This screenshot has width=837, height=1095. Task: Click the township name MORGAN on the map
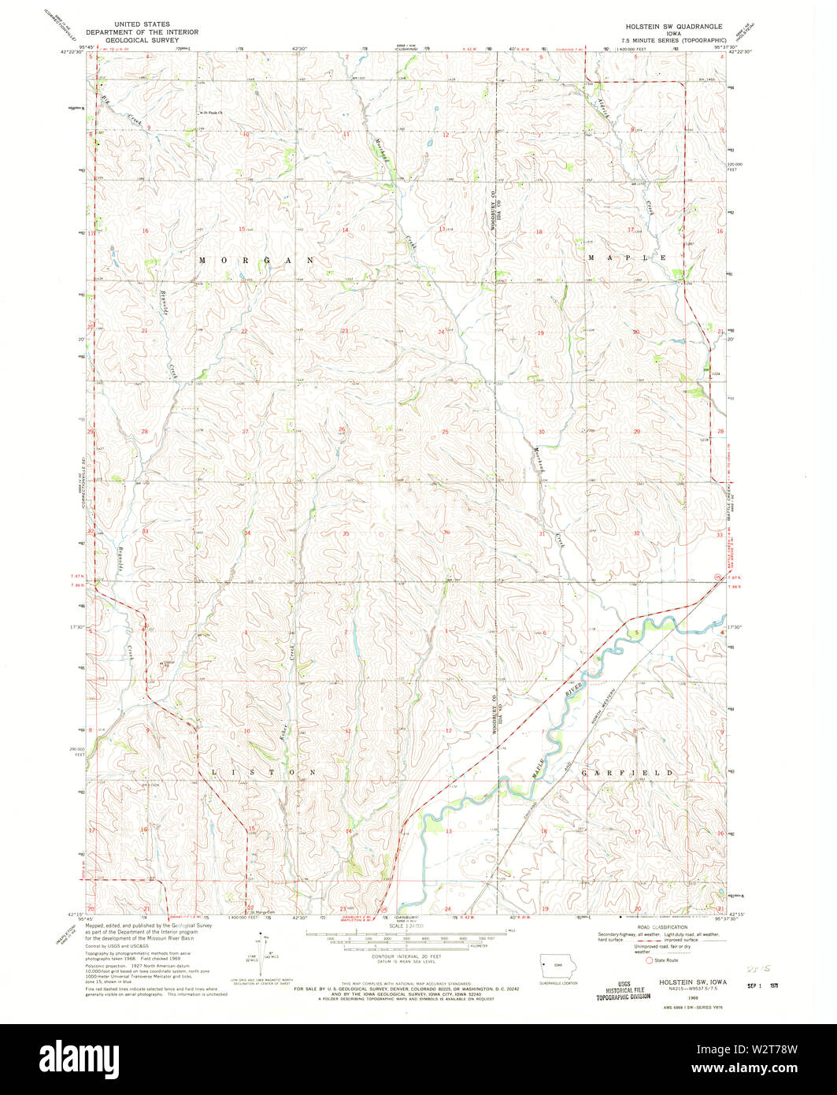[256, 260]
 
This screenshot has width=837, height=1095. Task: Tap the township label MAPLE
[628, 258]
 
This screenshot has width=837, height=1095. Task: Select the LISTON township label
[263, 773]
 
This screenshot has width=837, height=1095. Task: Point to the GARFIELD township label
[628, 774]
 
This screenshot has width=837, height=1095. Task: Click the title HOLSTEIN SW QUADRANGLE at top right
[669, 26]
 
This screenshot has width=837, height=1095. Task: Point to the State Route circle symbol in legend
[650, 960]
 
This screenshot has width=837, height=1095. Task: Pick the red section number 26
[342, 429]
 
